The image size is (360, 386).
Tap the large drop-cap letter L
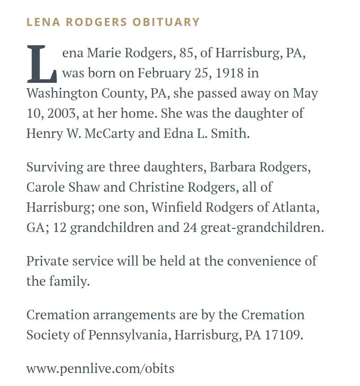42,64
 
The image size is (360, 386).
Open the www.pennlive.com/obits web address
100,369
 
